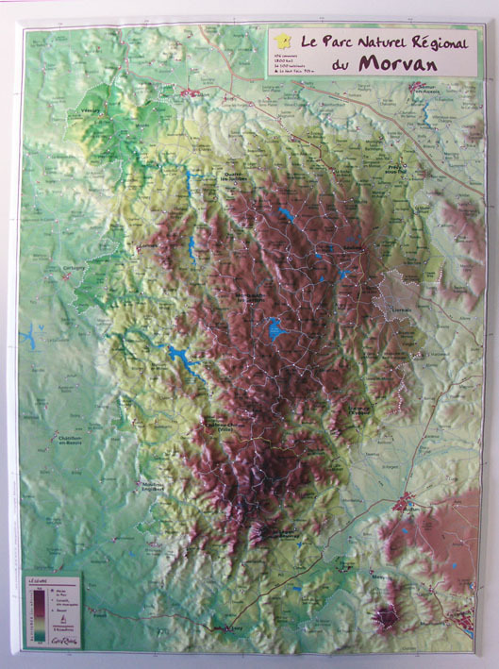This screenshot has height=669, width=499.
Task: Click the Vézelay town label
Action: (91, 109)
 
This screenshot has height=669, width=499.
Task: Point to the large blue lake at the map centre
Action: (275, 328)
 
